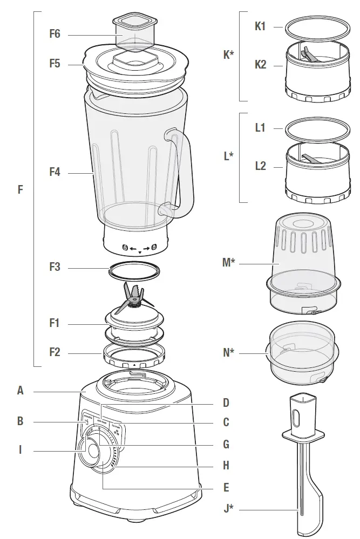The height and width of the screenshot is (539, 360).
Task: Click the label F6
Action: click(x=55, y=34)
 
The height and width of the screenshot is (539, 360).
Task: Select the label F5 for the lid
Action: click(x=55, y=63)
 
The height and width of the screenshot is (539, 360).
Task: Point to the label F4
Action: click(x=55, y=172)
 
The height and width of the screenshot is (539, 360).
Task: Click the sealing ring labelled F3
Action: click(x=135, y=270)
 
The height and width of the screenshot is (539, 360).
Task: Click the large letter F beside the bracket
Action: click(x=20, y=190)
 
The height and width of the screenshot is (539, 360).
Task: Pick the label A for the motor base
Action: click(x=20, y=391)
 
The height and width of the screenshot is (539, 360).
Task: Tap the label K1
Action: click(x=260, y=26)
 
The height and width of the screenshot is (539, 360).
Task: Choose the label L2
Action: click(x=260, y=166)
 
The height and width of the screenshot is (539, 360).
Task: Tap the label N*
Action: click(x=229, y=353)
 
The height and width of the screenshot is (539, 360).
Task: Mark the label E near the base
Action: click(x=226, y=487)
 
